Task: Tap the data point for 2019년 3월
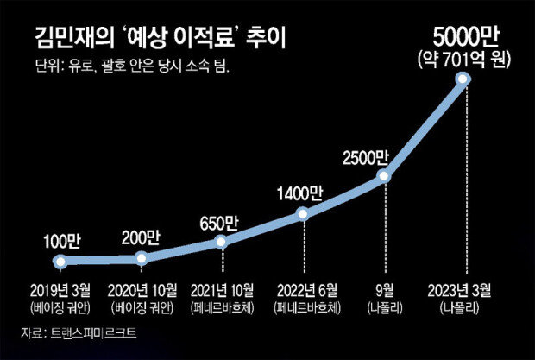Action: tap(60, 260)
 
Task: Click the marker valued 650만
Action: tap(221, 242)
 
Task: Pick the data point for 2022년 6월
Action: tap(301, 213)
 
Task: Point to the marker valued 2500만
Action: tap(384, 177)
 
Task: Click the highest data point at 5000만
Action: tap(463, 79)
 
